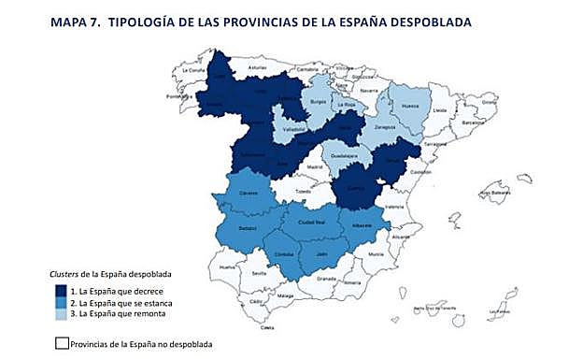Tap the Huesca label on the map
[410, 107]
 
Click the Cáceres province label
[248, 193]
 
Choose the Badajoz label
[248, 227]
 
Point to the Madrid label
[314, 168]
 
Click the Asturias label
[259, 68]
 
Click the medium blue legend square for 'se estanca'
[60, 303]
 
